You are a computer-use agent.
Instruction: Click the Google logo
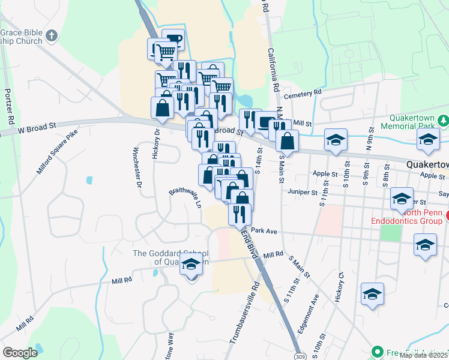tap(20, 353)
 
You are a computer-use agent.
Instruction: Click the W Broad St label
tap(37, 128)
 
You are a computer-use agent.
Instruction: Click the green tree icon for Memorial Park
tap(443, 120)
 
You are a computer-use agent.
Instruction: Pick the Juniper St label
tap(301, 193)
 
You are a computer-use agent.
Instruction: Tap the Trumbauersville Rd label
tap(245, 313)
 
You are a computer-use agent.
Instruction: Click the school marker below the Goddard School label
tap(191, 264)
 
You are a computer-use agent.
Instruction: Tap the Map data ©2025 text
tap(423, 355)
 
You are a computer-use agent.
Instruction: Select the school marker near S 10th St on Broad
tap(335, 140)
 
